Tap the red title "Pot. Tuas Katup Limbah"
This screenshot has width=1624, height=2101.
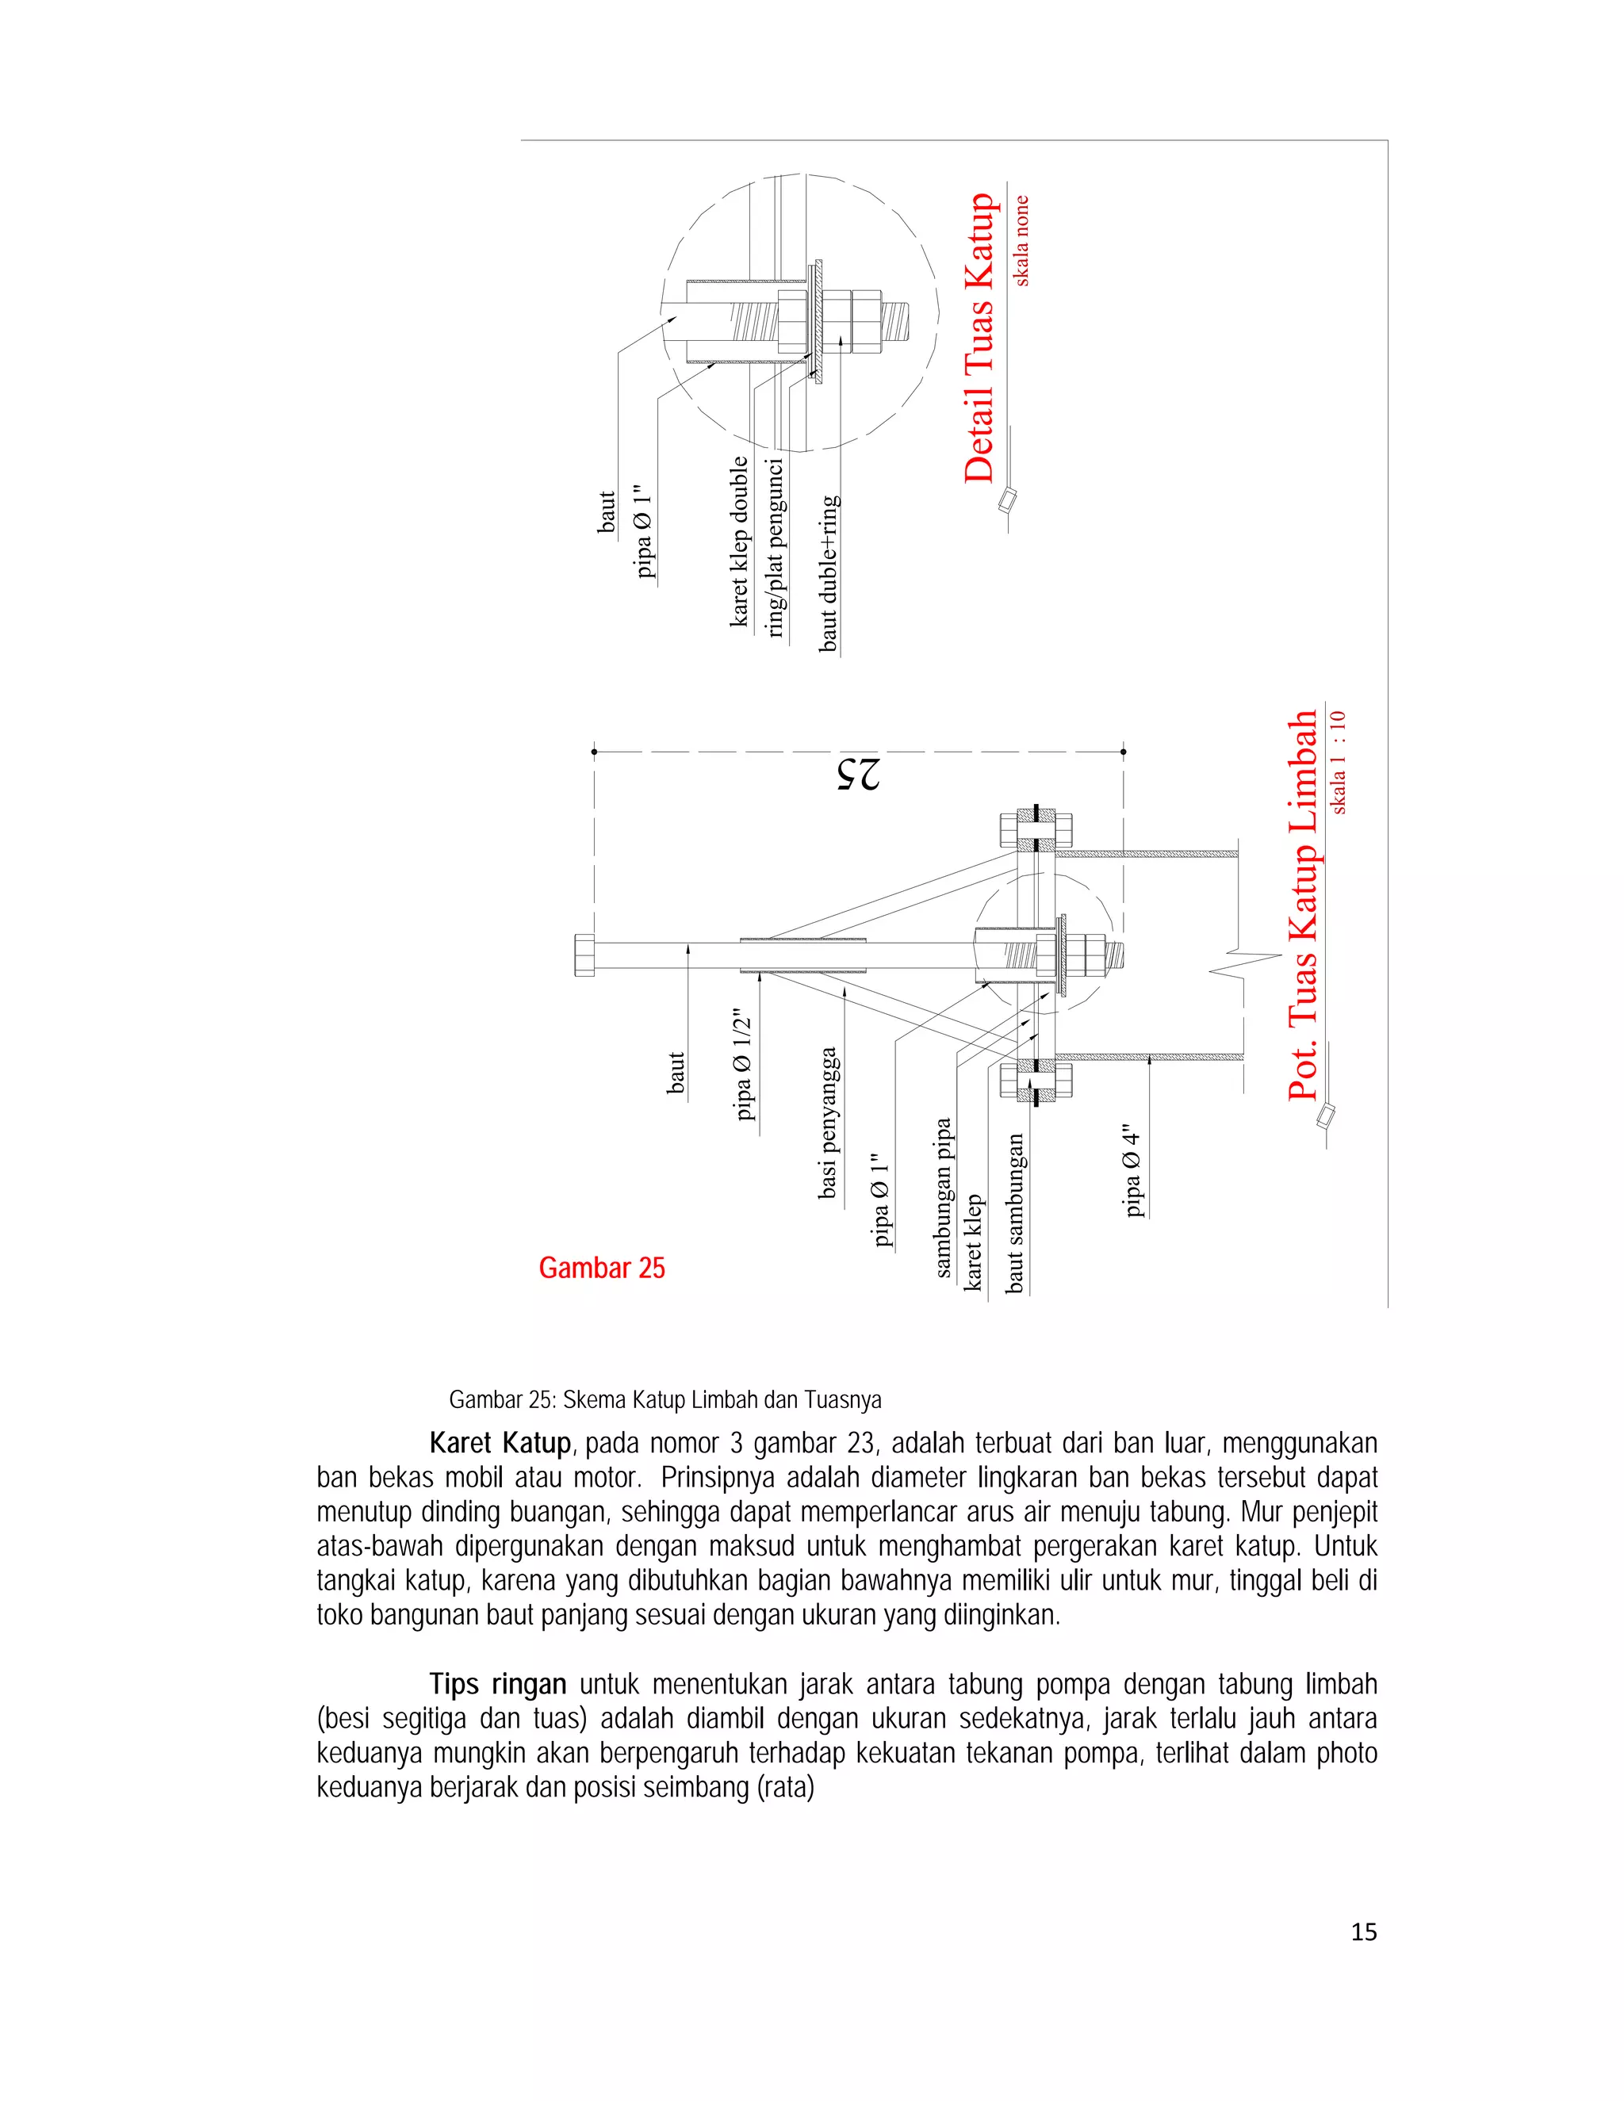(1303, 905)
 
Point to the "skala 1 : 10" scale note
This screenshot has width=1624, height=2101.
(1339, 762)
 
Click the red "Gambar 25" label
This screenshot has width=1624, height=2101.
(601, 1268)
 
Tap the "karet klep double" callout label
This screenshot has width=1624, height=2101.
(738, 542)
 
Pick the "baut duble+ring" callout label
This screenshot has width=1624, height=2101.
(829, 574)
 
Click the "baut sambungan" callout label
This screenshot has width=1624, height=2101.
(1014, 1213)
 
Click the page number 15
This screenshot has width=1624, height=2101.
(1363, 1931)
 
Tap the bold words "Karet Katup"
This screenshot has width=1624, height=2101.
(500, 1443)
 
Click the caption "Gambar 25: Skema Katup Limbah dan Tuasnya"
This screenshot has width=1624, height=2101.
(665, 1399)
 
